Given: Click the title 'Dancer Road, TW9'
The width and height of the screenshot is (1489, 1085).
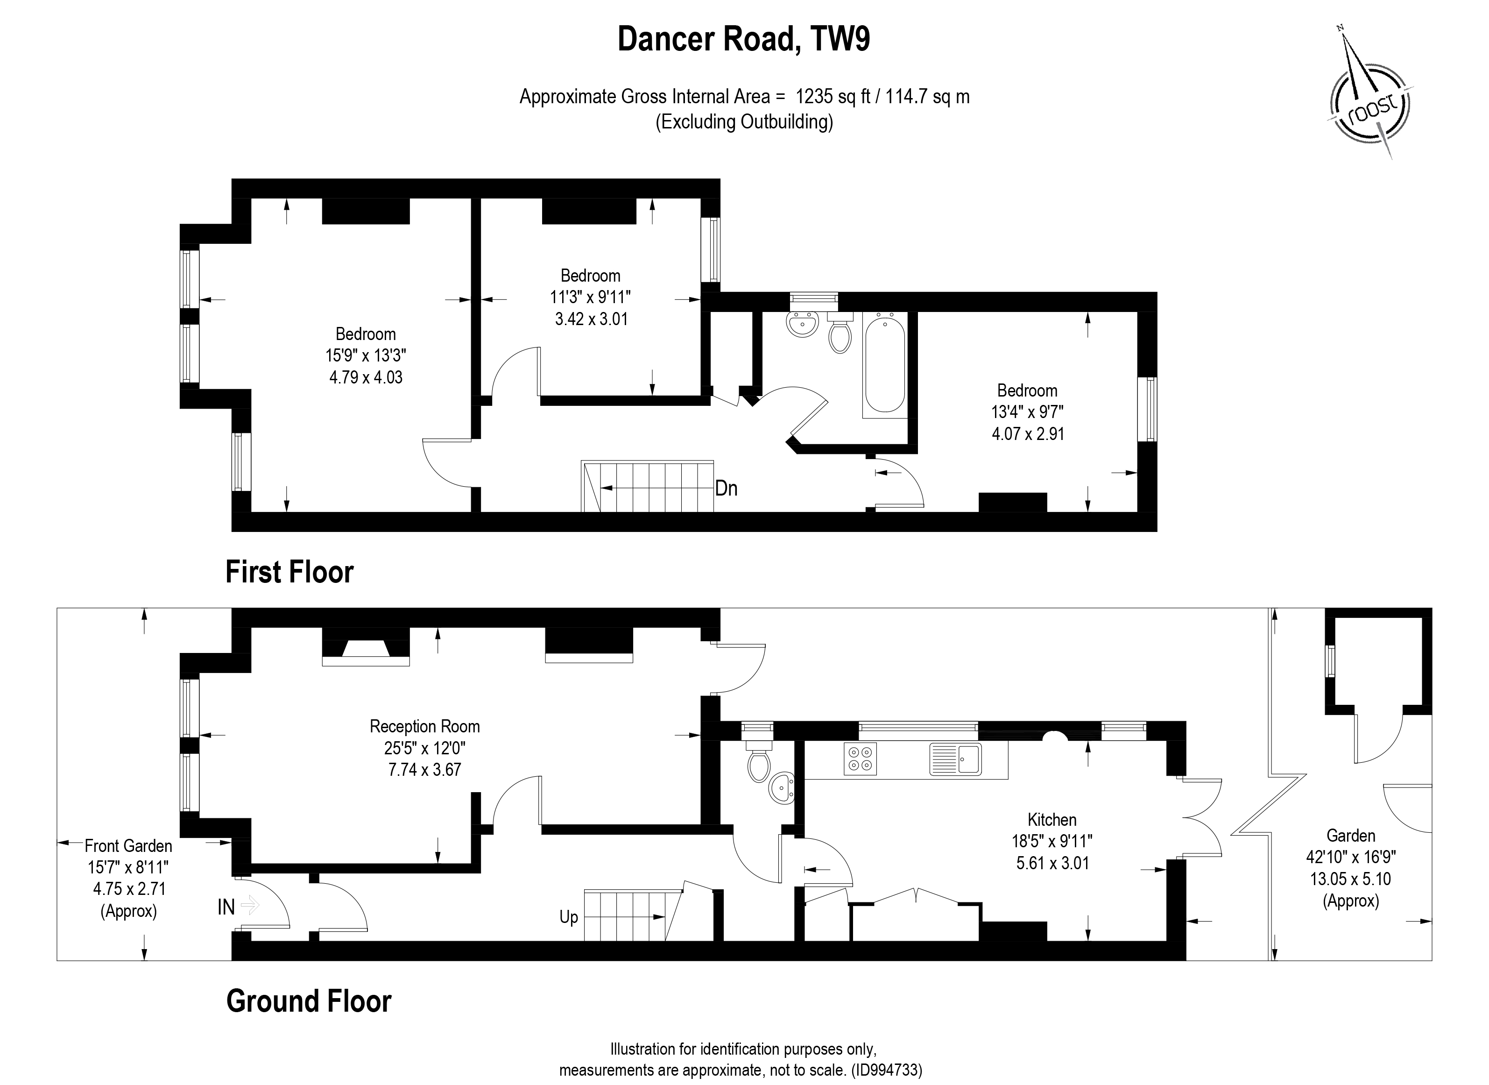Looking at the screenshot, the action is coord(744,39).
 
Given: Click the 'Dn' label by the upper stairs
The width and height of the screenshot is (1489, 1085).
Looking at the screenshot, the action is coord(726,489).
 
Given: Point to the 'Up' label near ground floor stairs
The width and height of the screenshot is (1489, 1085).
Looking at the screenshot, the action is coord(569,917).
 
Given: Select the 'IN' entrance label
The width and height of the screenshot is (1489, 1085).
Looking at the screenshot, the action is coord(226,907).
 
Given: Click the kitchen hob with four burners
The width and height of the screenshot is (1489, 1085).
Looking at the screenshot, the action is coord(860,759).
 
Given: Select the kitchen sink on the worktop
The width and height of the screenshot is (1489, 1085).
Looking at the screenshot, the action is coord(956,759).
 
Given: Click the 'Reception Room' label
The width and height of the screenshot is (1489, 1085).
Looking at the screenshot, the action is coord(425,726).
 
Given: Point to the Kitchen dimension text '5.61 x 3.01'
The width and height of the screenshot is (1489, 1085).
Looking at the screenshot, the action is coord(1052,863).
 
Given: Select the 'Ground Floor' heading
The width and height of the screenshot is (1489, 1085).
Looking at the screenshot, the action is coord(309,1001).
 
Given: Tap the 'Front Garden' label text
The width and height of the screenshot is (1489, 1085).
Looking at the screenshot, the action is coord(129,846).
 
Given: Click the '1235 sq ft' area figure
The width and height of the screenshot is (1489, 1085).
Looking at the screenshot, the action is coord(833,97).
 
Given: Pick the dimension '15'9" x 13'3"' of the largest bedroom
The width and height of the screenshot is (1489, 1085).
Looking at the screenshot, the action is coord(366,356).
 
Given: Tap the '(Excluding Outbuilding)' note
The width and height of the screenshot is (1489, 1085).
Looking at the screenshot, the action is coord(744,122).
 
